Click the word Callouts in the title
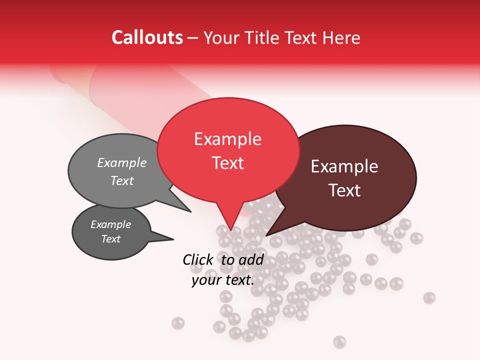[x=147, y=37]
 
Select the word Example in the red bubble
[x=227, y=139]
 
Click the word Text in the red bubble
[x=227, y=163]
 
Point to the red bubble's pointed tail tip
[x=231, y=231]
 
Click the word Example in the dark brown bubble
[x=344, y=166]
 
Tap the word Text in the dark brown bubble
[x=344, y=190]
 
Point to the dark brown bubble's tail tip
[x=266, y=235]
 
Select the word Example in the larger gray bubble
[x=122, y=162]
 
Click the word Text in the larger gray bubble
[x=122, y=180]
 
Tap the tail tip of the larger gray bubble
[x=190, y=211]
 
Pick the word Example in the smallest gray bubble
[x=111, y=224]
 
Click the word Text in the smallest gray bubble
[x=111, y=239]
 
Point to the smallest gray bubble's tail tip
[x=173, y=239]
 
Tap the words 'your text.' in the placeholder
[x=223, y=280]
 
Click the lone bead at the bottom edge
[x=340, y=341]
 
